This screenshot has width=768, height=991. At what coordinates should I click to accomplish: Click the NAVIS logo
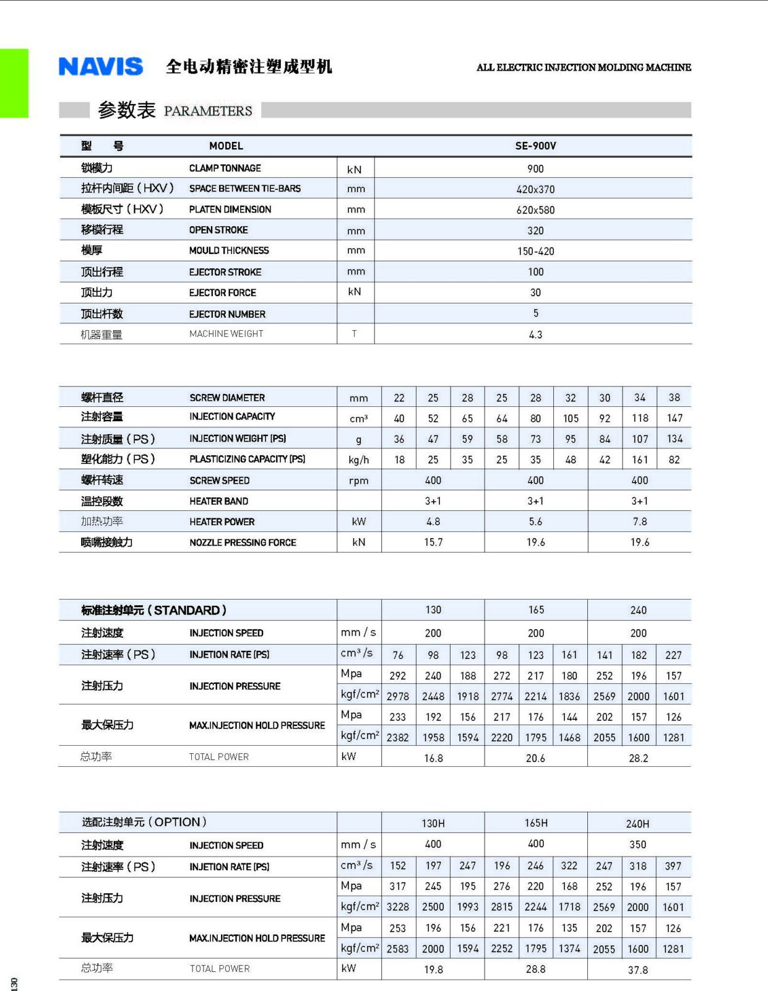point(101,66)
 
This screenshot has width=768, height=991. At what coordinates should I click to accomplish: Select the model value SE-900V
point(535,146)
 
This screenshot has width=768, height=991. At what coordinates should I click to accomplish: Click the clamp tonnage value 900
point(535,168)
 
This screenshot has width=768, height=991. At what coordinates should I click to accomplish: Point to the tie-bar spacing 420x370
point(535,190)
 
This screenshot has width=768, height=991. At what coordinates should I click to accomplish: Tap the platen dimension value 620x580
point(535,210)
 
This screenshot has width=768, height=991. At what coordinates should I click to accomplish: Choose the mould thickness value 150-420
point(535,251)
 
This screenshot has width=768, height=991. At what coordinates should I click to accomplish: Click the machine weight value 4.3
point(535,334)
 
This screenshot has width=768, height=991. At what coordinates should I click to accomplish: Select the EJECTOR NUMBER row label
point(227,314)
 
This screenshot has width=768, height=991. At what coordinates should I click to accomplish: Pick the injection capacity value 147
point(675,418)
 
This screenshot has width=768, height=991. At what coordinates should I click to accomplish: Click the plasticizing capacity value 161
point(640,460)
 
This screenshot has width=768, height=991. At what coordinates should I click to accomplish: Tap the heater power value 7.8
point(640,522)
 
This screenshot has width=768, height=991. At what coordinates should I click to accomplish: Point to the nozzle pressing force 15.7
point(433,542)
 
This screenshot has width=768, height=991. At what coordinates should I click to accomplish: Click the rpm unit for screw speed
point(358,481)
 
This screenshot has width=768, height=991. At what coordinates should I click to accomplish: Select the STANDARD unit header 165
point(536,610)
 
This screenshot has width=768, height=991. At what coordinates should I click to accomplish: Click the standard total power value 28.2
point(638,758)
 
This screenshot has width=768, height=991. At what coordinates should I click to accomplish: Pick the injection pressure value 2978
point(398,696)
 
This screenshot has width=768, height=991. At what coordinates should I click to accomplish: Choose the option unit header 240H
point(637,824)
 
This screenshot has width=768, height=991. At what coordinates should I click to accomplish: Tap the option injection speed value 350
point(637,844)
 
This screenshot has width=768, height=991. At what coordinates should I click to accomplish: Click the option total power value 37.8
point(637,970)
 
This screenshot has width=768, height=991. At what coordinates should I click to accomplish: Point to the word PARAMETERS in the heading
point(208,111)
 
